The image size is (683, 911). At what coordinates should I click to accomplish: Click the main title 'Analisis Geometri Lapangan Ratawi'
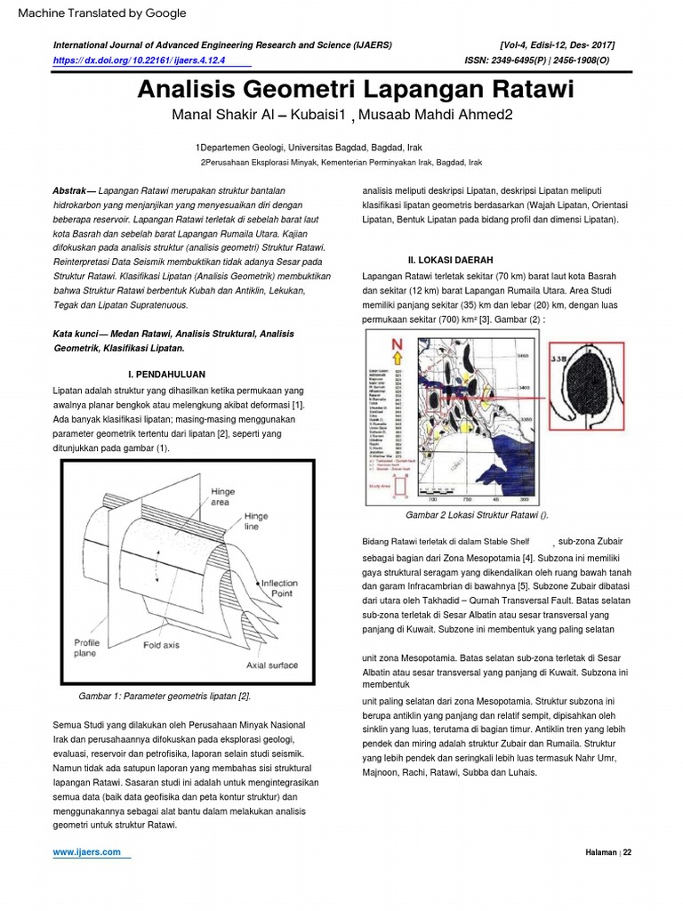(x=355, y=91)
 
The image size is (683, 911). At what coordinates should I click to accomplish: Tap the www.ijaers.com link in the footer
(x=87, y=851)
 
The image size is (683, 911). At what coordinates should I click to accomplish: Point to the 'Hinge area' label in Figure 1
(x=223, y=496)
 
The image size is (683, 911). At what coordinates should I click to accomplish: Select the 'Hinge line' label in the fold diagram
(x=255, y=520)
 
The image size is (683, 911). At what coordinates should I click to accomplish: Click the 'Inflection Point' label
(x=278, y=589)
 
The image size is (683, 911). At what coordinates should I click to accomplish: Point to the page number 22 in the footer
(x=626, y=852)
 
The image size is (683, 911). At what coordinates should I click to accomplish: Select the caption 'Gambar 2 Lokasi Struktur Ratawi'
(x=478, y=515)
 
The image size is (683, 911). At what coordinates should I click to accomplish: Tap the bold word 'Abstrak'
(x=69, y=191)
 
